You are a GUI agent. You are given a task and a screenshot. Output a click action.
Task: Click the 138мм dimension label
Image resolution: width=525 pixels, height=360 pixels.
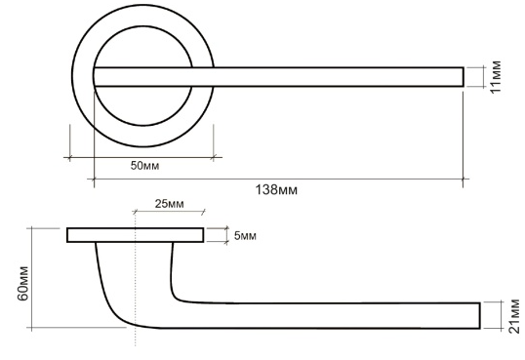(276, 190)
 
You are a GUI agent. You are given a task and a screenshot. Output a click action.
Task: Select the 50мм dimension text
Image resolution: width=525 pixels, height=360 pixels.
(144, 166)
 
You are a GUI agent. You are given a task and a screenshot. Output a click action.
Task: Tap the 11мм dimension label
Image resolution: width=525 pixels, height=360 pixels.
(496, 77)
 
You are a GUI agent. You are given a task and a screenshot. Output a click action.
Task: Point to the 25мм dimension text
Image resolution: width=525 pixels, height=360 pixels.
(169, 204)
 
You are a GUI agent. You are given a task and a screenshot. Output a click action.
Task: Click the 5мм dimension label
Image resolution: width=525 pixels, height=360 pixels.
(245, 236)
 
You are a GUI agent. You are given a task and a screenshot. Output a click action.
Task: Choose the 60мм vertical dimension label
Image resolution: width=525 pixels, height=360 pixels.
(23, 283)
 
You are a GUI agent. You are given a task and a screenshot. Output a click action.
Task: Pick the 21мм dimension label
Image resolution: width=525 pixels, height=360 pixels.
(514, 316)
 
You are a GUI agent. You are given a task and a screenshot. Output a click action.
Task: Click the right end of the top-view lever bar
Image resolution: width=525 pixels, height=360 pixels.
(464, 77)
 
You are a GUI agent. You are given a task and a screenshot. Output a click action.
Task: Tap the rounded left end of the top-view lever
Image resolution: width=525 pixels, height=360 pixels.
(94, 77)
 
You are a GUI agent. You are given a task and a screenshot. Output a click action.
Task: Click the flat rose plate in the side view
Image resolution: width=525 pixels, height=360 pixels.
(136, 235)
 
